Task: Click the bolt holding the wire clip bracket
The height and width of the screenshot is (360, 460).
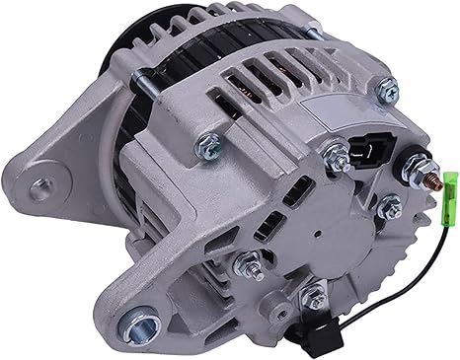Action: (x=316, y=292)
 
